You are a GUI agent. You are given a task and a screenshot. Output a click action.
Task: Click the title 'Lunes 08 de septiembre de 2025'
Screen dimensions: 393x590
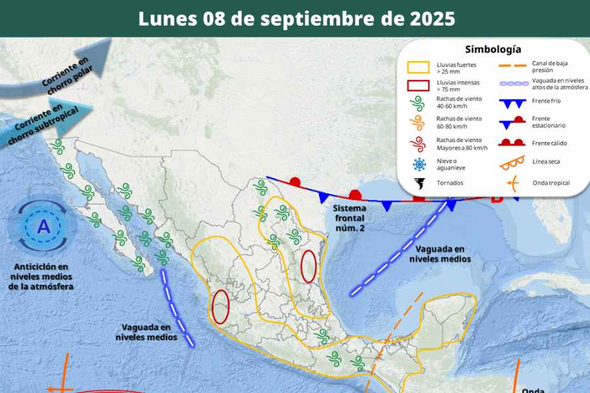tap(296, 18)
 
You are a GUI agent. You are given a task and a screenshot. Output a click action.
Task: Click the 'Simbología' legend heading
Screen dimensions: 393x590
tap(493, 49)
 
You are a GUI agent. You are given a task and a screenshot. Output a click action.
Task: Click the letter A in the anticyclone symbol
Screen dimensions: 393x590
tap(43, 227)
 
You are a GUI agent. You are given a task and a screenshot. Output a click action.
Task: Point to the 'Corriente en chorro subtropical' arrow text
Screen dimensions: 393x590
tap(46, 117)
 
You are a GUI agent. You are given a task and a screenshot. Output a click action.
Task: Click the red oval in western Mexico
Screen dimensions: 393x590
tap(221, 307)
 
